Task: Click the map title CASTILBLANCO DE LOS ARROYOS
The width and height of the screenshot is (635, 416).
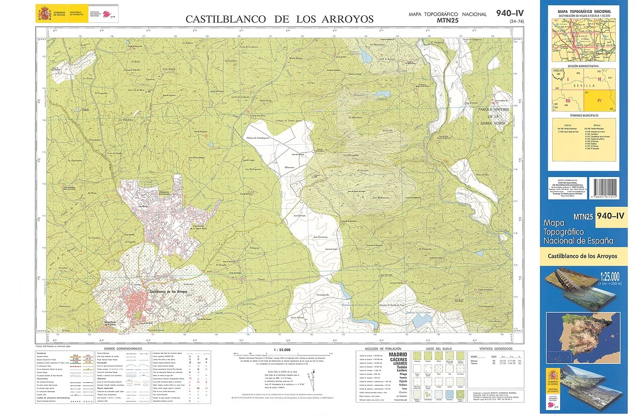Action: tap(279, 19)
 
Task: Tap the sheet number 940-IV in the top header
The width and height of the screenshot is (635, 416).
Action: tap(509, 13)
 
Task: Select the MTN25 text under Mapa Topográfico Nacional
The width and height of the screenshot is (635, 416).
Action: tap(447, 21)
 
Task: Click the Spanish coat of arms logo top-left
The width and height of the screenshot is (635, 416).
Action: tap(43, 13)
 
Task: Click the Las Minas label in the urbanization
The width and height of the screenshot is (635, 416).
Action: tap(143, 206)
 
